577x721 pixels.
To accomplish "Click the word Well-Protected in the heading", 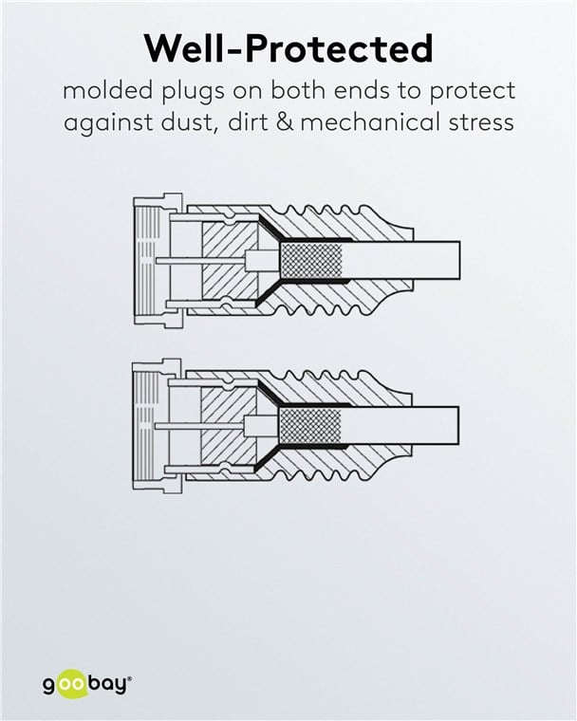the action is click(x=288, y=48).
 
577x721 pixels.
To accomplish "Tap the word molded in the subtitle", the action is click(x=107, y=90).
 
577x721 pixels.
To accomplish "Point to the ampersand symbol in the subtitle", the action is click(x=286, y=122).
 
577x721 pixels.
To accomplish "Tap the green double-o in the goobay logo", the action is click(x=72, y=685).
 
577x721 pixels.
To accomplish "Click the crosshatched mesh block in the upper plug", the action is click(x=311, y=260).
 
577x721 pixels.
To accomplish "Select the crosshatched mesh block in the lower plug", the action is click(x=310, y=426).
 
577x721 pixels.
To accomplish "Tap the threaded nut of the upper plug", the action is click(x=158, y=259).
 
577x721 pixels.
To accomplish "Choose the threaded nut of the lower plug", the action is click(x=157, y=424).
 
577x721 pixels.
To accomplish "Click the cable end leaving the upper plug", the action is click(x=401, y=260).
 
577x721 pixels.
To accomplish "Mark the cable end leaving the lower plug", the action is click(x=400, y=426).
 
